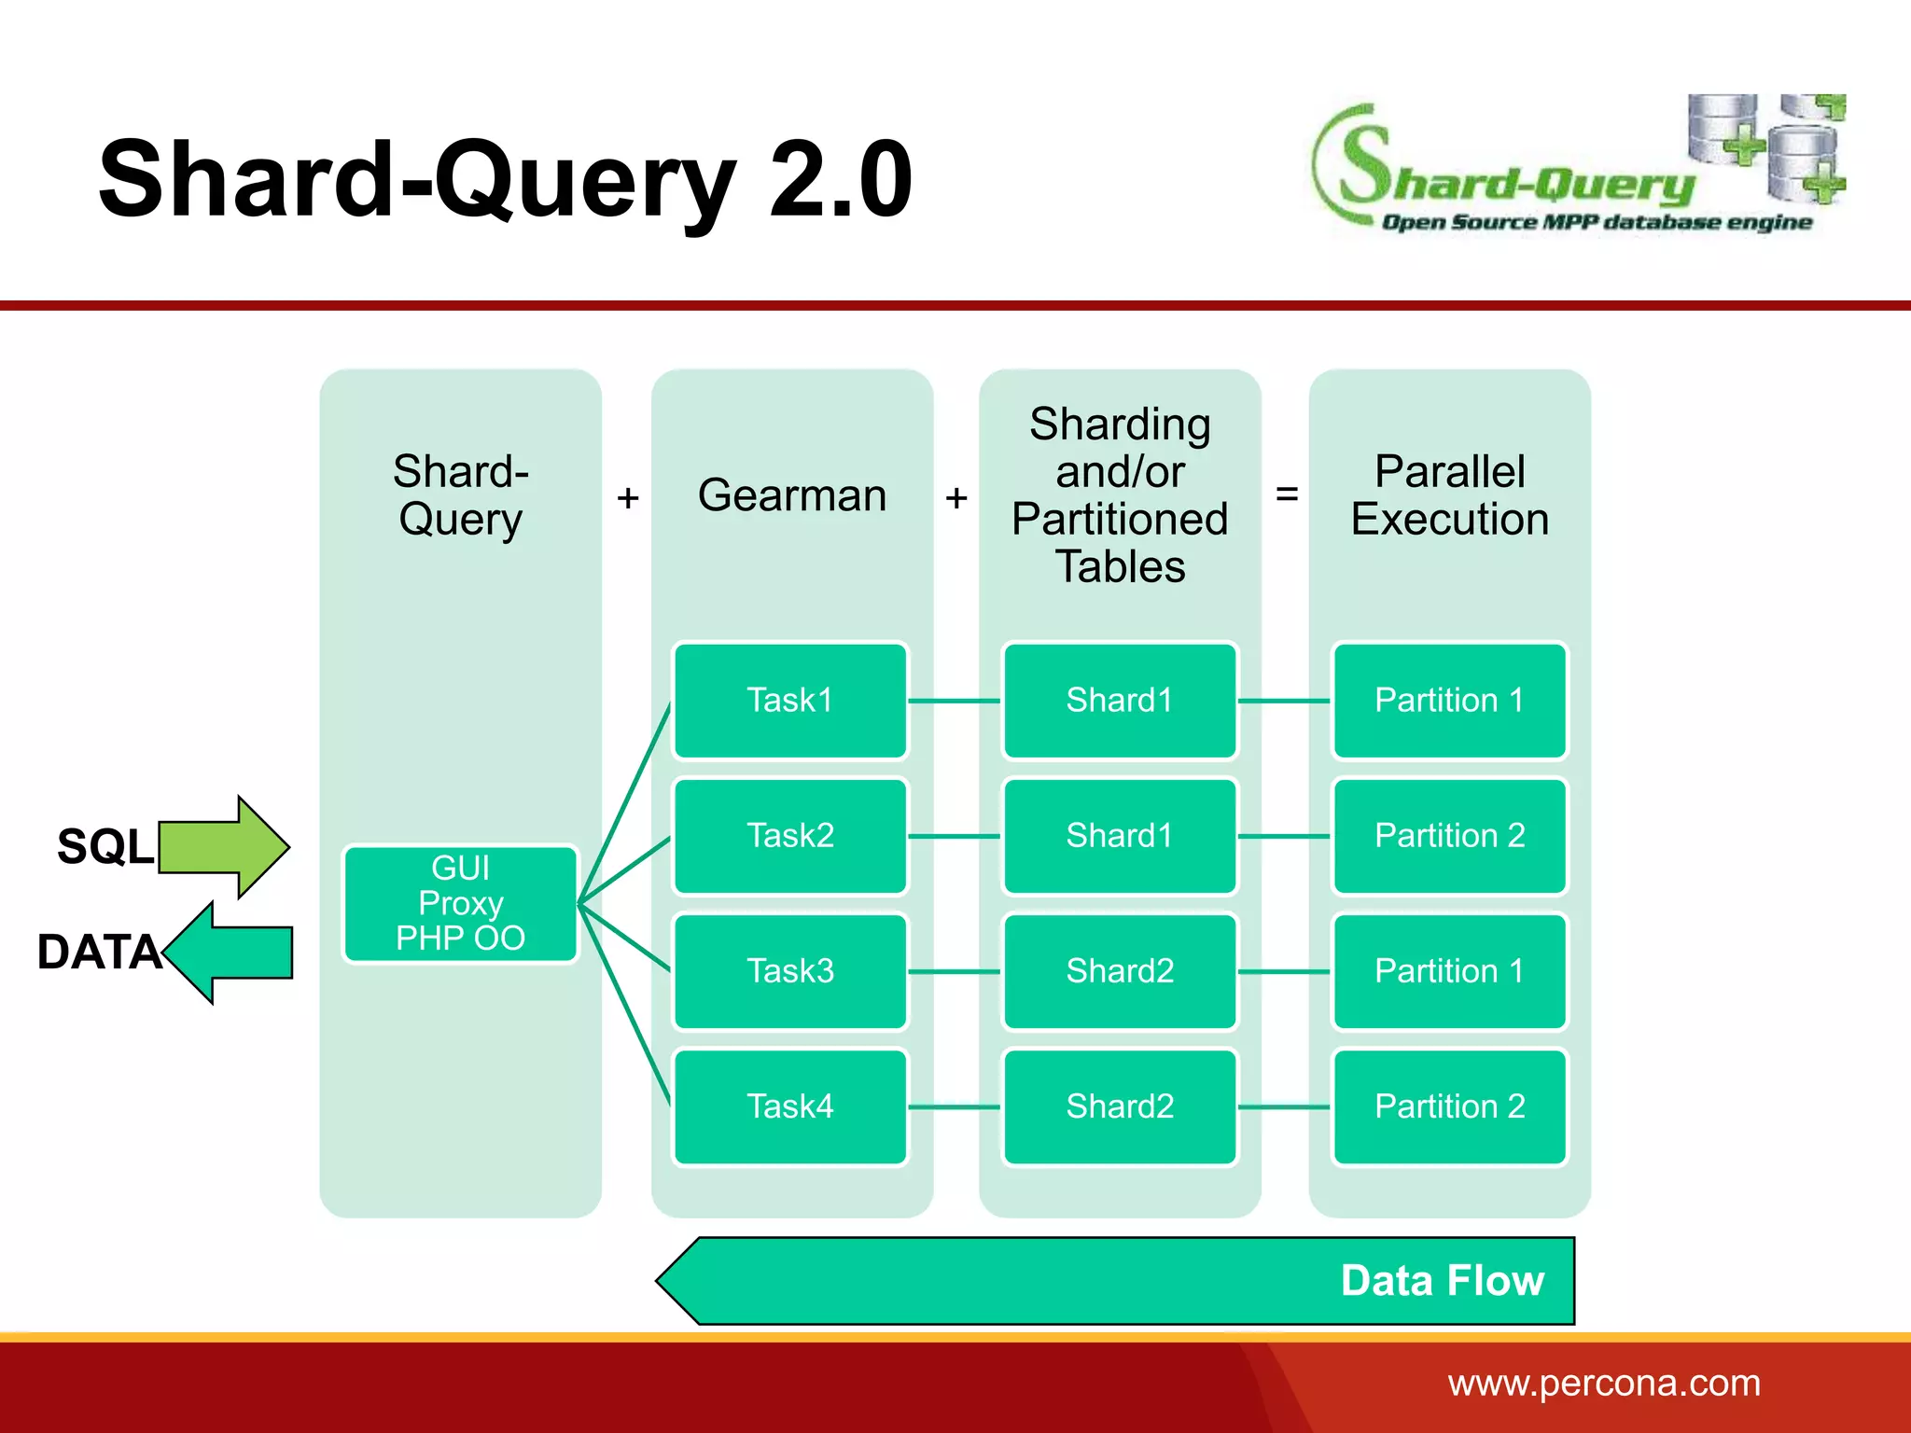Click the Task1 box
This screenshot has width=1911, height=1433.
[x=790, y=701]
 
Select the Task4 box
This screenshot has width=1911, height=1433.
[x=790, y=1106]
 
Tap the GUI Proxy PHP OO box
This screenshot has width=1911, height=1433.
[x=461, y=903]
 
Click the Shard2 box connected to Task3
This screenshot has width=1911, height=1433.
[x=1120, y=971]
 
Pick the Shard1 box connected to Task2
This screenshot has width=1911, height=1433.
[x=1120, y=836]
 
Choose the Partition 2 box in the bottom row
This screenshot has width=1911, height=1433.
[x=1449, y=1106]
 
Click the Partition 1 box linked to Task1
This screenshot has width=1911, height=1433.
[x=1449, y=701]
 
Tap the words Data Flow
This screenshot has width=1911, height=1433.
[x=1442, y=1281]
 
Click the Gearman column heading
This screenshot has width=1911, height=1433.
[x=792, y=495]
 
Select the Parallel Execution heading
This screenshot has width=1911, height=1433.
[x=1449, y=495]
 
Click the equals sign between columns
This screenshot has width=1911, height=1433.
[x=1287, y=494]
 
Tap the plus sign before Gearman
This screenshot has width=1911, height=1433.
[x=628, y=498]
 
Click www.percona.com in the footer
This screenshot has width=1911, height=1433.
[x=1603, y=1383]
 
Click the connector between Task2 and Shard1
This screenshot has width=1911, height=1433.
[x=955, y=836]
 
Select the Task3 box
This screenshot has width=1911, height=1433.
[x=790, y=971]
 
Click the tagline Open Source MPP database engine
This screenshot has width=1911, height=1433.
[x=1596, y=222]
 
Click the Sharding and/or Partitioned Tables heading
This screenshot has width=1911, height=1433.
[x=1120, y=495]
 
